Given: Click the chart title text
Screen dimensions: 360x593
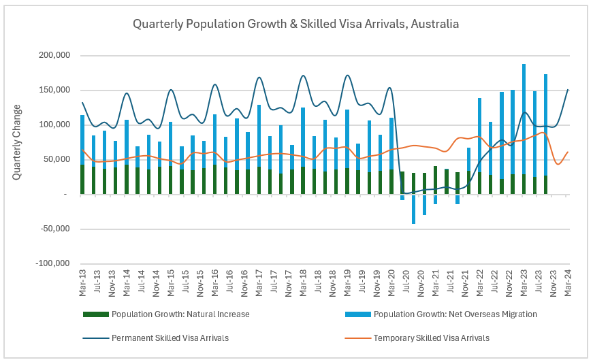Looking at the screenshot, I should (x=295, y=24).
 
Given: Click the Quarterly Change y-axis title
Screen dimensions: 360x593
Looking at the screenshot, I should (x=16, y=142).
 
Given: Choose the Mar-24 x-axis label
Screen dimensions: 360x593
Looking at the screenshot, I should (x=568, y=281).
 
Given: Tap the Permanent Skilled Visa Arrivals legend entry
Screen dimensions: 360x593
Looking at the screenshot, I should (x=169, y=338).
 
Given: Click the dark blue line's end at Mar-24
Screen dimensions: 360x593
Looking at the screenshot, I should (x=568, y=90).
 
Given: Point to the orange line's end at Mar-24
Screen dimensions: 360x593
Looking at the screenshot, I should (x=568, y=152).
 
